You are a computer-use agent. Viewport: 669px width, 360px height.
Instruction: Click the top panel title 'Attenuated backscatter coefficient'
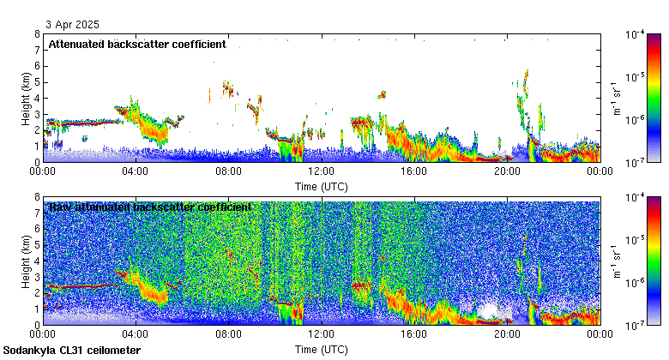pyautogui.click(x=137, y=44)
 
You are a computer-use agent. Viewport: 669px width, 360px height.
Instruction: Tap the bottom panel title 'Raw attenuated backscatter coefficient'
pyautogui.click(x=150, y=207)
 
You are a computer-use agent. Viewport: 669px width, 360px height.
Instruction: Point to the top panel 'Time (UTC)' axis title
pyautogui.click(x=322, y=186)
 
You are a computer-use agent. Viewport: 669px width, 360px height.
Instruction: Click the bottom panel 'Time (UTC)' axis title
pyautogui.click(x=322, y=350)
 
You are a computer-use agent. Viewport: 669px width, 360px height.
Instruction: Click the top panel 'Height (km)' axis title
pyautogui.click(x=26, y=98)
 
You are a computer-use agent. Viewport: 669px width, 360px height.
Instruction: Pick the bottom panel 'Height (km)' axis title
pyautogui.click(x=26, y=261)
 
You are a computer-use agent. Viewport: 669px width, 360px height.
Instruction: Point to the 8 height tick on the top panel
pyautogui.click(x=37, y=34)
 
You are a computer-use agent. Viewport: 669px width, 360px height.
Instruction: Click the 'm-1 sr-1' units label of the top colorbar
pyautogui.click(x=616, y=98)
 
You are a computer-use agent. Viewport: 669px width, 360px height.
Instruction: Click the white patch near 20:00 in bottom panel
pyautogui.click(x=491, y=310)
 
